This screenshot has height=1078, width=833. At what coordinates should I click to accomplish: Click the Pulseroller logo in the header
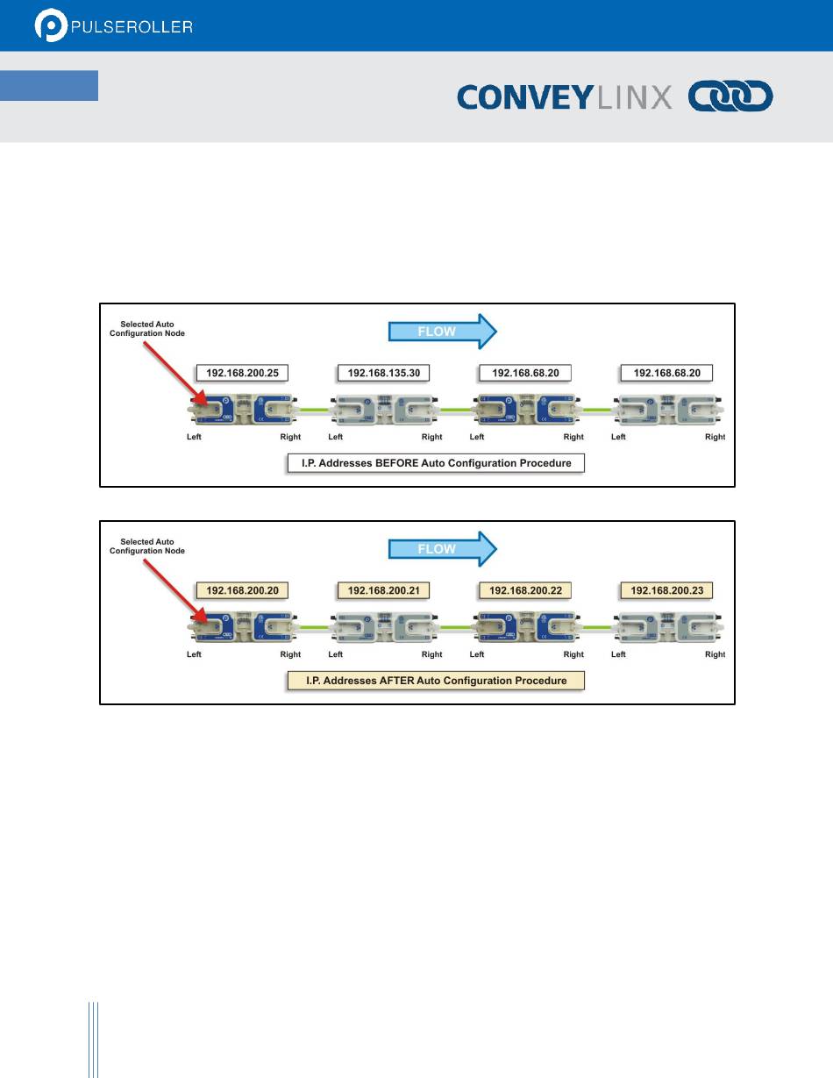[114, 26]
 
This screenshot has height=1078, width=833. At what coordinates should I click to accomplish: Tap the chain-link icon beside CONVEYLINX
[730, 96]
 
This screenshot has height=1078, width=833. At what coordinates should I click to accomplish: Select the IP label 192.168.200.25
[243, 373]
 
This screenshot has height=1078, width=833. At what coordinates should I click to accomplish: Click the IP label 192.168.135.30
[384, 373]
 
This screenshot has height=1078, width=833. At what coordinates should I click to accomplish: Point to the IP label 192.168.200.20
[243, 591]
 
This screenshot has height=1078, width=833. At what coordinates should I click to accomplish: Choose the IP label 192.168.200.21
[384, 591]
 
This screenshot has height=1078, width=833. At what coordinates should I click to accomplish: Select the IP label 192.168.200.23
[666, 591]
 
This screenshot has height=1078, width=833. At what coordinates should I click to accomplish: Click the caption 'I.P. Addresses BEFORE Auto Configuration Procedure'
[437, 462]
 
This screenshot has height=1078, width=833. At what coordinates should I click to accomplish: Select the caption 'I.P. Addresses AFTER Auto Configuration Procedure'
[437, 681]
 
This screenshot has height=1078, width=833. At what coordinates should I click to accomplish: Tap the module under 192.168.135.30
[384, 410]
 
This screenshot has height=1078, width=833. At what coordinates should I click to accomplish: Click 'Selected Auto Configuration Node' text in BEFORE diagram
[146, 329]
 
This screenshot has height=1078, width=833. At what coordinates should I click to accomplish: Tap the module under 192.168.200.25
[244, 410]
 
